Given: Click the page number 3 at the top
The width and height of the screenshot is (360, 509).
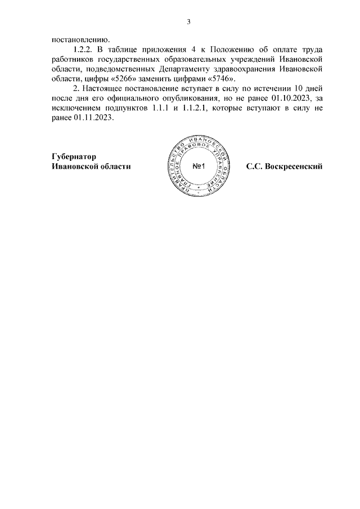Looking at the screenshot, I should coord(189,22).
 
